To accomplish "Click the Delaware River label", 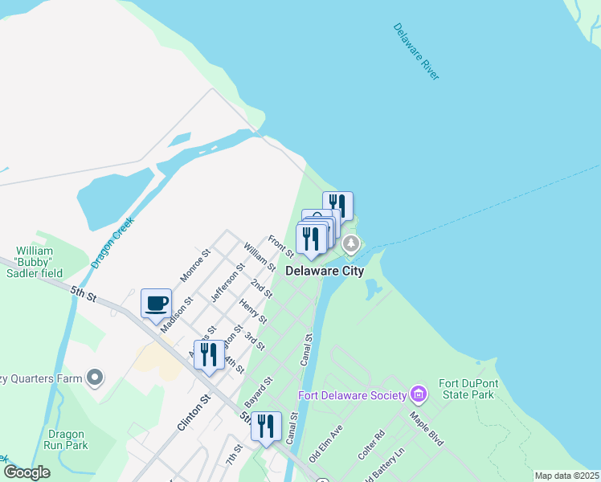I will coord(416,51).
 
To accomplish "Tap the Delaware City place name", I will coord(325,271).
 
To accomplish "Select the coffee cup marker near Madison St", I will coord(156,304).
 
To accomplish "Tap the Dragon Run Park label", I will coord(65,439).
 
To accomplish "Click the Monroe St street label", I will coord(195,264).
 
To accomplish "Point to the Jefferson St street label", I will coord(227,282).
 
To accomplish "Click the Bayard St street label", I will coord(259,390).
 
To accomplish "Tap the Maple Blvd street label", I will coord(427,430).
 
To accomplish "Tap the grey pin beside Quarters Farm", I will coord(96,378).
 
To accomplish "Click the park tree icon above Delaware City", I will coord(350,243).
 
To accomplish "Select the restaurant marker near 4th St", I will coord(209,354).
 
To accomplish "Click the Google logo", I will coord(27,472).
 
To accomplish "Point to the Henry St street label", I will coord(253,312).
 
